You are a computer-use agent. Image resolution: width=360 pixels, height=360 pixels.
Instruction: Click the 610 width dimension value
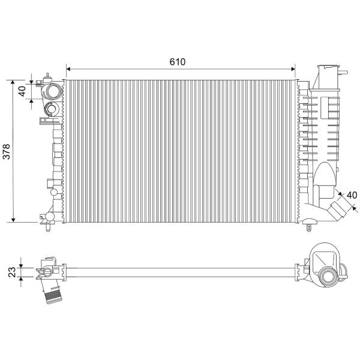177,62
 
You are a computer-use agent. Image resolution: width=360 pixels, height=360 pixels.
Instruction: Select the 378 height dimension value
7,152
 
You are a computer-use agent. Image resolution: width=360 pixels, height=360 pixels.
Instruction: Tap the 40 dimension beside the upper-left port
22,91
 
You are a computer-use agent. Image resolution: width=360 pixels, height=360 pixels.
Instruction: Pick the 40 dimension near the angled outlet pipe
352,195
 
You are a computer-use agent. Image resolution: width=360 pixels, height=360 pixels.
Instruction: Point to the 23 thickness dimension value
13,272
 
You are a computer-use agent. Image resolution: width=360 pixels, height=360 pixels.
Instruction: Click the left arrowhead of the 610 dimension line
68,69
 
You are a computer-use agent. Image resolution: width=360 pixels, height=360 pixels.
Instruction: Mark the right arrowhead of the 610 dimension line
293,69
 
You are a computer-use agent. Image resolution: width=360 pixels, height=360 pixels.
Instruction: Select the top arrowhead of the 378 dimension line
13,82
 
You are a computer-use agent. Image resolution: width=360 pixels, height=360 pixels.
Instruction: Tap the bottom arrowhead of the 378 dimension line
13,220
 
